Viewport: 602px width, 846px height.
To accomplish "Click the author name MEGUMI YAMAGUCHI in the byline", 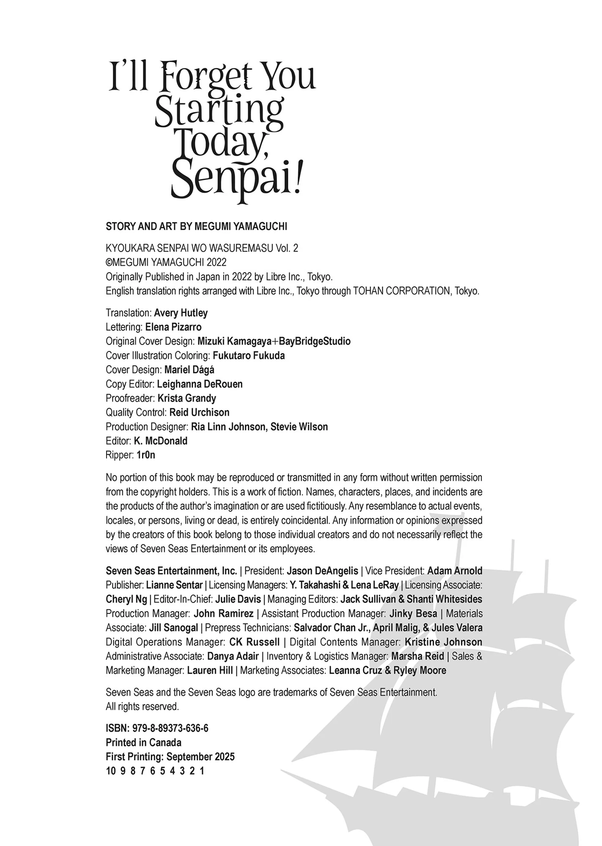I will [241, 226].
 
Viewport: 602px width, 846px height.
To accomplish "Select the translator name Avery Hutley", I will [181, 313].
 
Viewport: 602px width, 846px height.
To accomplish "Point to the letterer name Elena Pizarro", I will [173, 327].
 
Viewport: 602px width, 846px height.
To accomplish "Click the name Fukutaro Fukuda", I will [249, 356].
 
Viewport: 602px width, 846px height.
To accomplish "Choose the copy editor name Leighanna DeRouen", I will [200, 384].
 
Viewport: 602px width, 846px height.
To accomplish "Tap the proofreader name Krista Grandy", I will [187, 398].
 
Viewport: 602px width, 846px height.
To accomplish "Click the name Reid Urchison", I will [200, 412].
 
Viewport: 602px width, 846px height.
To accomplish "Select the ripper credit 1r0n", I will [146, 455].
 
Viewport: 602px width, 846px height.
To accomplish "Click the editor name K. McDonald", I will [161, 441].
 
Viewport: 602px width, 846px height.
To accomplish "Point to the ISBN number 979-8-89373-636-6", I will [170, 728].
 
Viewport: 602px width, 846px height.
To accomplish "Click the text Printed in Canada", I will [143, 743].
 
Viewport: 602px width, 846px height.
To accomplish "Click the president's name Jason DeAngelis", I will [322, 571].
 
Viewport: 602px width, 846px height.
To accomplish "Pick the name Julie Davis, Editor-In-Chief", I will [238, 599].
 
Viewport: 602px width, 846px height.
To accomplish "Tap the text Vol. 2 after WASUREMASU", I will [287, 248].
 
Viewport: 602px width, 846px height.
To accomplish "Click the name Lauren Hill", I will [210, 670].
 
